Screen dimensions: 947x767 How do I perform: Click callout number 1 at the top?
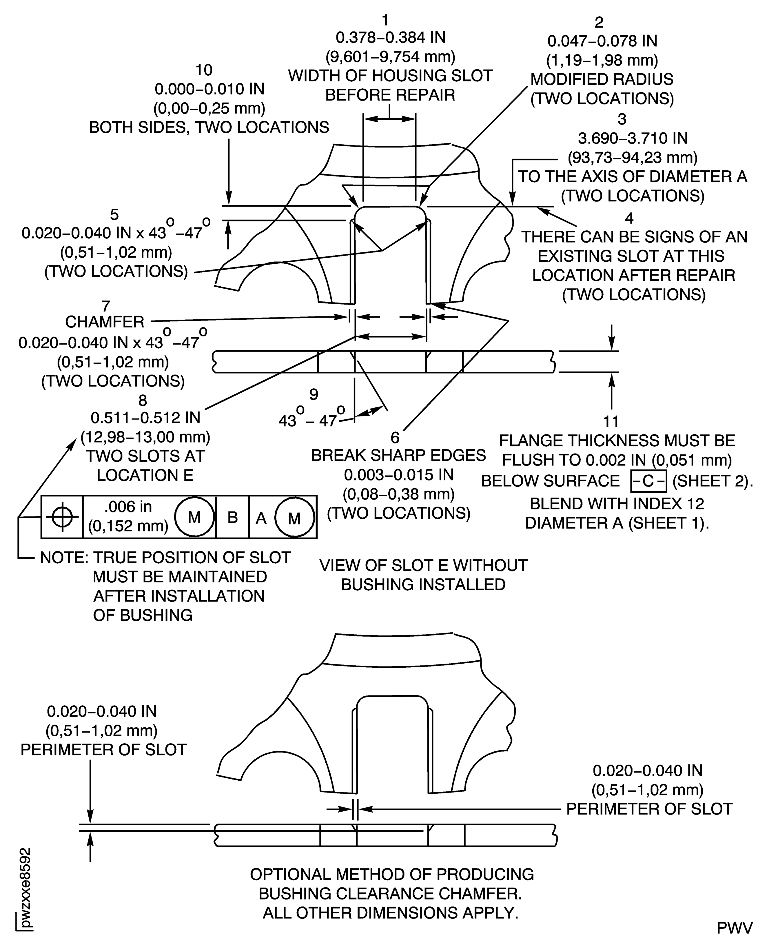click(x=385, y=20)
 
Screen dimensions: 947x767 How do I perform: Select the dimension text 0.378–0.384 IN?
click(x=391, y=38)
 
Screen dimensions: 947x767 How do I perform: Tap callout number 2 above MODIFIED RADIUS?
click(x=599, y=22)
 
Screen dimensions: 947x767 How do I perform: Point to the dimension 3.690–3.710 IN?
click(x=633, y=138)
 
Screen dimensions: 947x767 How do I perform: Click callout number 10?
click(x=204, y=70)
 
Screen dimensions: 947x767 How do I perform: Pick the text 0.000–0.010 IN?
click(x=209, y=89)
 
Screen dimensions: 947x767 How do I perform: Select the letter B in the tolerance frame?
click(x=232, y=517)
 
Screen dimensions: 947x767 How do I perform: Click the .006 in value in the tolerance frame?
click(x=128, y=507)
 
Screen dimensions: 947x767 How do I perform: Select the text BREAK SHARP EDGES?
click(x=398, y=456)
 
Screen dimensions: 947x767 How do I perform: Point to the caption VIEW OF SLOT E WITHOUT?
click(x=423, y=566)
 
